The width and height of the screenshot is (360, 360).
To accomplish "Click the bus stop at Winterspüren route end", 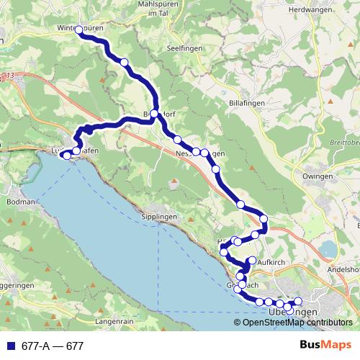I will coord(79,30).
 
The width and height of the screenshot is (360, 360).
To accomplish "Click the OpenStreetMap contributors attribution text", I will coord(297,323).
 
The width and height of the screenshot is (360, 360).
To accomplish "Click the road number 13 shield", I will coord(9,75).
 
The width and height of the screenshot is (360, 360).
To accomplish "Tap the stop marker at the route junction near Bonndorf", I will coord(154,114).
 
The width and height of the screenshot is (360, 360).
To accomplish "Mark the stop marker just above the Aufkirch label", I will coord(252,260).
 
